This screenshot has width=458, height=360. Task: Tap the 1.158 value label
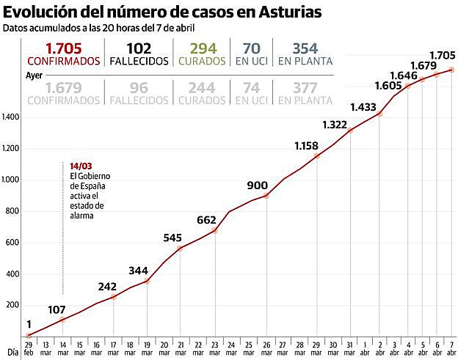pos(305,145)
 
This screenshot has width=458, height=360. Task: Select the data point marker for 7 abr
pos(451,70)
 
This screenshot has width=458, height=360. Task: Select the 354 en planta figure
pos(305,48)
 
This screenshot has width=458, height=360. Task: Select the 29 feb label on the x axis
pos(29,348)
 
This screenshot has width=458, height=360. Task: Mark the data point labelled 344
pos(147,281)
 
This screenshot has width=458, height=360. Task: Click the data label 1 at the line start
pos(29,324)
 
